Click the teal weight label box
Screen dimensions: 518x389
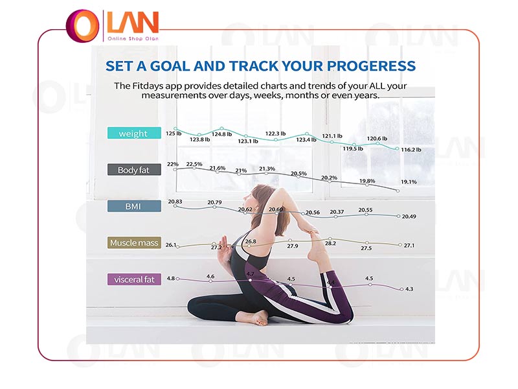pos(134,133)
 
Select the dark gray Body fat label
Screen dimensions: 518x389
pos(134,170)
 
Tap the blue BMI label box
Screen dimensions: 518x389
pos(134,206)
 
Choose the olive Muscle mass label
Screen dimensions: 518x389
pos(134,242)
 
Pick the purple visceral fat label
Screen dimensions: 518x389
pos(134,279)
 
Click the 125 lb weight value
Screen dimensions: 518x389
pos(174,134)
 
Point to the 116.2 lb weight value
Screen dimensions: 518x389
pos(411,150)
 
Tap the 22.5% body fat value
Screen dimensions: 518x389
pos(194,164)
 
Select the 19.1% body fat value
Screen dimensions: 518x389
pos(409,182)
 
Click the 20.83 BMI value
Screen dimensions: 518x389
pos(175,202)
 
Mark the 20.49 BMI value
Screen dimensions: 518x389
pos(409,217)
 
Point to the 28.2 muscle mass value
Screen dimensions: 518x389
pos(330,243)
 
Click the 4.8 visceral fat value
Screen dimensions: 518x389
pos(170,278)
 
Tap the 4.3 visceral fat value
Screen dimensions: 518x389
pos(409,289)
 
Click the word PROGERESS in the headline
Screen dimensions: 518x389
pos(371,66)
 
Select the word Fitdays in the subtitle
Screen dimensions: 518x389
pos(148,86)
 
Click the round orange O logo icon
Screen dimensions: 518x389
pos(83,26)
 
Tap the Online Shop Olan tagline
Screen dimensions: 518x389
pos(133,39)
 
